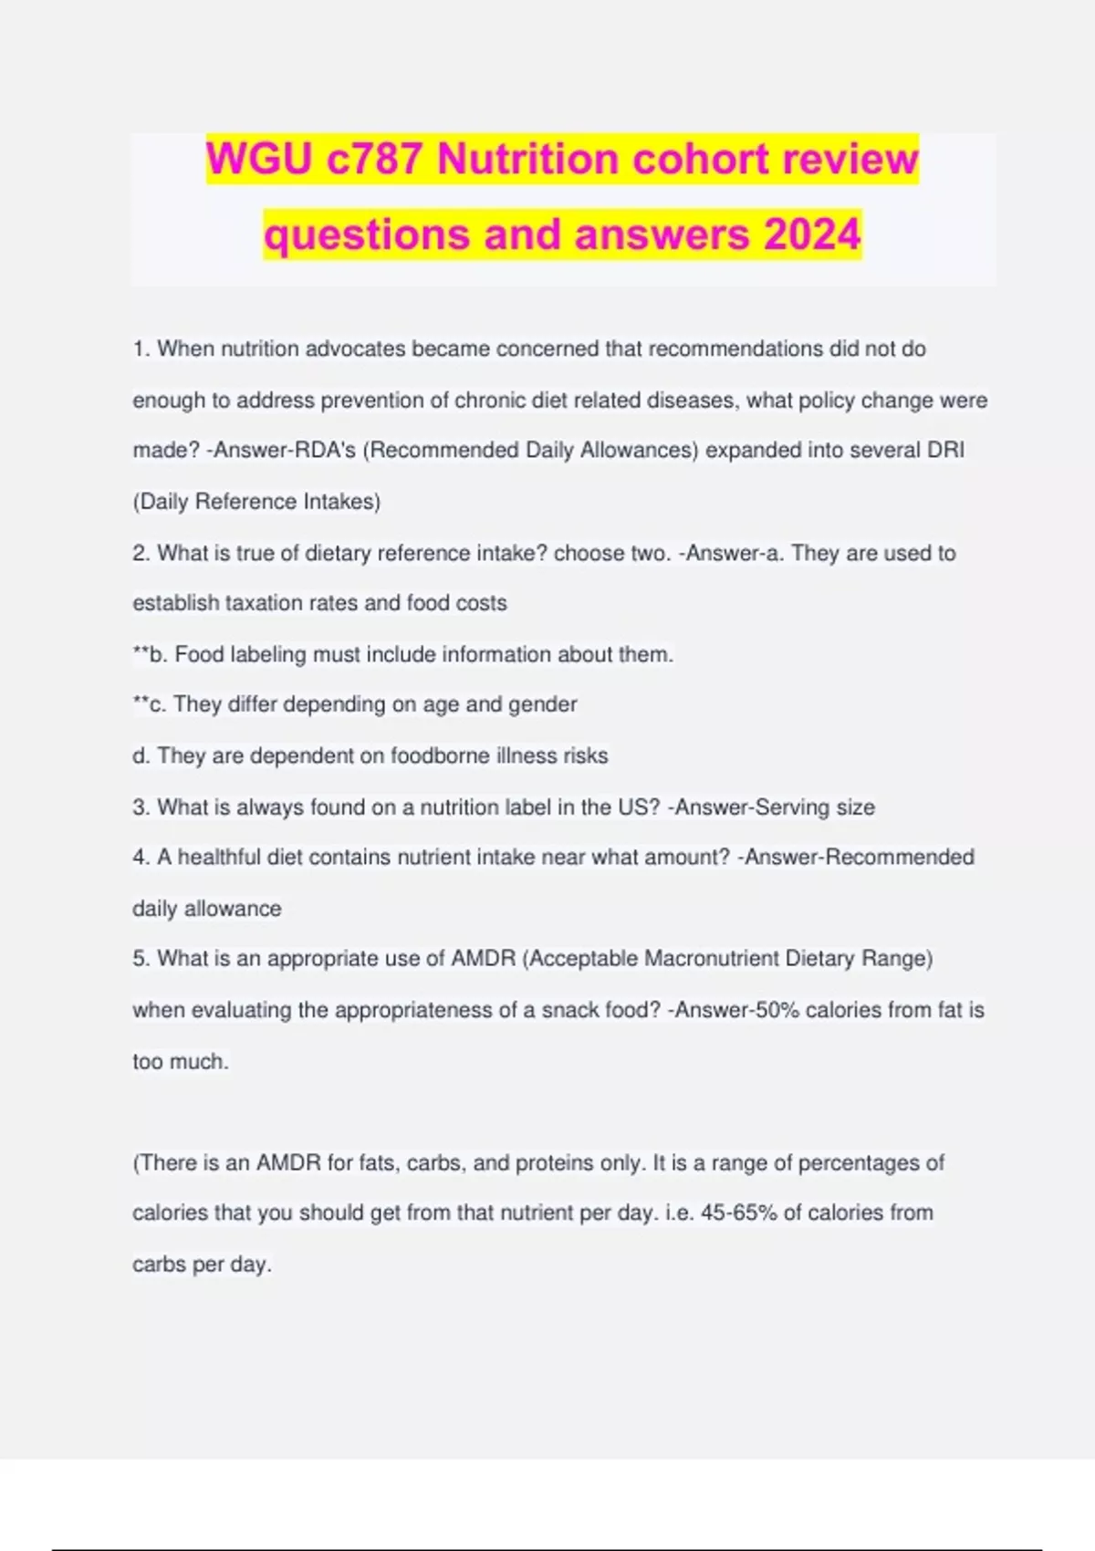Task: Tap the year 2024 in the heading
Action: pyautogui.click(x=812, y=234)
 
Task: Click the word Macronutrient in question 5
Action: pyautogui.click(x=712, y=959)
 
